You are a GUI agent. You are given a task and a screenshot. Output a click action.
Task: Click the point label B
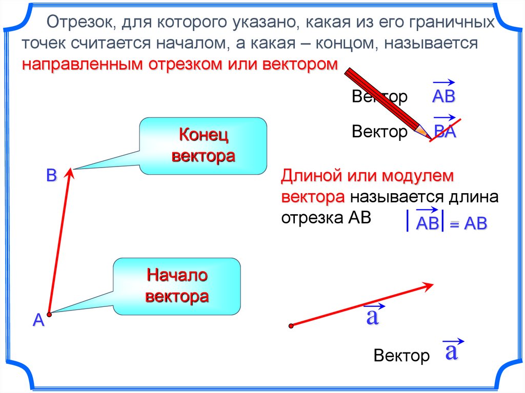[x=51, y=175]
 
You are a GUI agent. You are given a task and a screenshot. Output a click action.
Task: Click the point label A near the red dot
[x=38, y=321]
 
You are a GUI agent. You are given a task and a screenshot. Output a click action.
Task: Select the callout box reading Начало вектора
[x=177, y=286]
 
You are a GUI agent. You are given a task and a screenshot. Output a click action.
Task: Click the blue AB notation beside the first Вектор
[x=444, y=96]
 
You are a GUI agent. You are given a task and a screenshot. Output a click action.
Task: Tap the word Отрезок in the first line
[x=76, y=23]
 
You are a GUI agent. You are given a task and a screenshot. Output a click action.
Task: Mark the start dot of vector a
[x=291, y=325]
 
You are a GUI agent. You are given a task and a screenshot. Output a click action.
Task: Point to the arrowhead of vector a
[x=430, y=286]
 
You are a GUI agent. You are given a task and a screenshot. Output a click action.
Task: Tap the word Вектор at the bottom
[x=402, y=356]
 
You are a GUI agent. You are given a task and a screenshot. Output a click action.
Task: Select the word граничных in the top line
[x=452, y=23]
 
